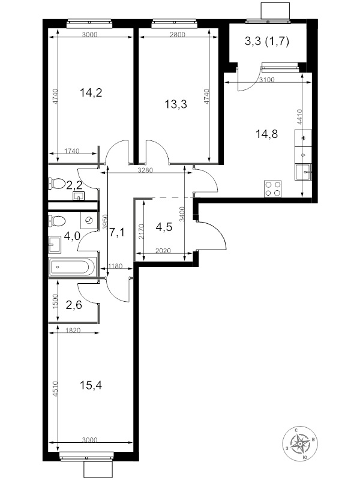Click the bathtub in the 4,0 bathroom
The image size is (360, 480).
click(73, 266)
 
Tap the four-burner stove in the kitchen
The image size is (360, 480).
click(272, 189)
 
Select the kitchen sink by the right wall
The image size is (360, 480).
click(303, 172)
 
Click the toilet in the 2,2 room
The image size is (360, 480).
click(56, 184)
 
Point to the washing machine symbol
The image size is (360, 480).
click(89, 220)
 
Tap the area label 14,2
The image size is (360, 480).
click(91, 92)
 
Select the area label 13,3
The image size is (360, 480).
click(176, 104)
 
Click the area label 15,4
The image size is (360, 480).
click(91, 385)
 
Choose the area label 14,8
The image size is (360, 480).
click(266, 134)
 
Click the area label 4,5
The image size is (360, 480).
click(164, 227)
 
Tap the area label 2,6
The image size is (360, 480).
click(74, 305)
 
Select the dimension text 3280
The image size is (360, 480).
click(145, 170)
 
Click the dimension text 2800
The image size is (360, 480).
click(178, 35)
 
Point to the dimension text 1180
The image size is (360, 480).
click(115, 266)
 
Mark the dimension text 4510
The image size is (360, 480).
click(55, 389)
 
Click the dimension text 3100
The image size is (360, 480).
click(267, 80)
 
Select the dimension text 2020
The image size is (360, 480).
click(163, 251)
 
